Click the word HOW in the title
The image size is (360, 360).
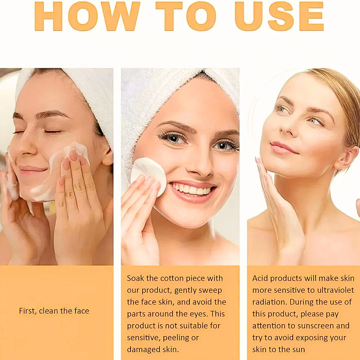pyautogui.click(x=87, y=16)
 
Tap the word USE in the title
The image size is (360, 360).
pyautogui.click(x=279, y=16)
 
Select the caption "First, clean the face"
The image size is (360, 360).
pyautogui.click(x=54, y=311)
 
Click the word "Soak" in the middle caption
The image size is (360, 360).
pyautogui.click(x=135, y=278)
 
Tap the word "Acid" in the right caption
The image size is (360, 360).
pyautogui.click(x=260, y=278)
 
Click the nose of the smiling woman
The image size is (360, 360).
pyautogui.click(x=199, y=164)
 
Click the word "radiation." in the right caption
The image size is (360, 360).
pyautogui.click(x=269, y=302)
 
